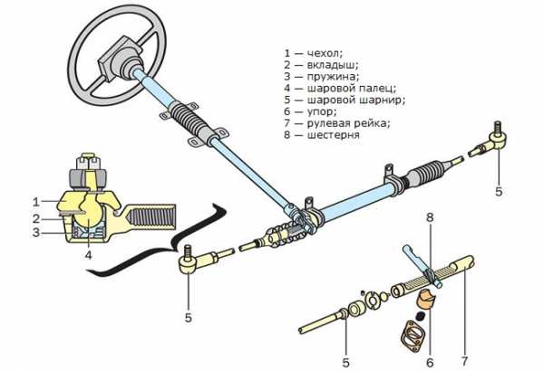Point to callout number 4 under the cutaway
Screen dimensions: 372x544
click(x=88, y=255)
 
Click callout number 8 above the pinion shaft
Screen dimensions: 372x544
click(x=431, y=217)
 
